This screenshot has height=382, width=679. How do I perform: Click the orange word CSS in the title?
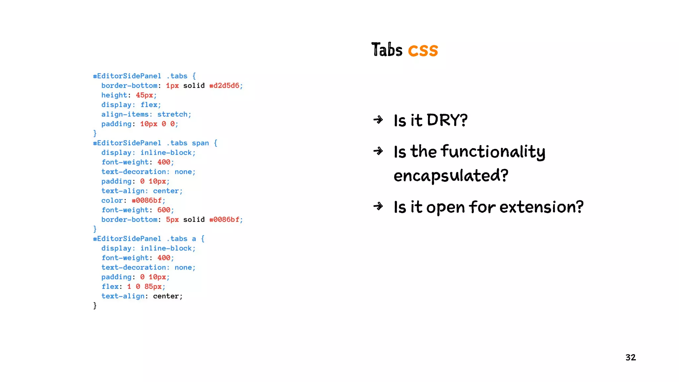coord(423,50)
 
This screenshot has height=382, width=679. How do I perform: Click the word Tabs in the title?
coord(387,50)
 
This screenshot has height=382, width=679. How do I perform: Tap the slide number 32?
coord(630,357)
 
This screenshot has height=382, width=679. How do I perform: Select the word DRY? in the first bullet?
coord(447,120)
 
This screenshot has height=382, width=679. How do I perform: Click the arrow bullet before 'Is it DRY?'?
coord(378,120)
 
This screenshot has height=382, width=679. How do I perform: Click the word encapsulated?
coord(451,175)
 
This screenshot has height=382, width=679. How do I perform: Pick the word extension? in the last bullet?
coord(541,207)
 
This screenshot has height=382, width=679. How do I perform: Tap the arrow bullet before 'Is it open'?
coord(378,207)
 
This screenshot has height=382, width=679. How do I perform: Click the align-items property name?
coord(125,114)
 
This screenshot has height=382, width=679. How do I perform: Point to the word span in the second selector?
coord(200,143)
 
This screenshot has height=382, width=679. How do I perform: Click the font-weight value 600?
coord(164,210)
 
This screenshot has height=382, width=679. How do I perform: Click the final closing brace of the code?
coord(95,305)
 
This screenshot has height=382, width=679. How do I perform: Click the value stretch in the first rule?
coord(172,114)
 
